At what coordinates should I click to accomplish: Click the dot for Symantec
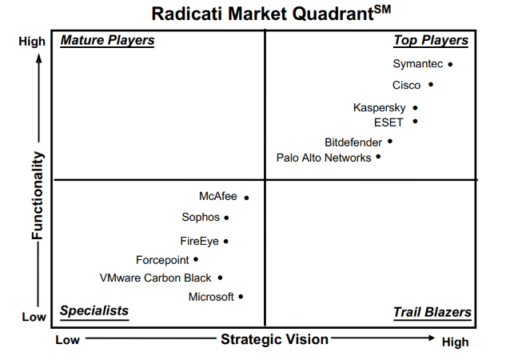click(x=450, y=65)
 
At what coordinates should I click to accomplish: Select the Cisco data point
click(x=431, y=85)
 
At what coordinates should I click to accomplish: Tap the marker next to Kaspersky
click(x=416, y=108)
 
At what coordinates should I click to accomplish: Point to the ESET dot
click(x=416, y=122)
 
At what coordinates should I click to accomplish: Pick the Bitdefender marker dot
click(x=390, y=141)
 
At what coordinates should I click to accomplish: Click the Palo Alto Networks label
click(x=324, y=158)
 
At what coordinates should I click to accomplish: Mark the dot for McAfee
click(x=246, y=198)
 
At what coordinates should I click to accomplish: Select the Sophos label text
click(x=201, y=218)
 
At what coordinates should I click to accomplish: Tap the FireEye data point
click(x=226, y=241)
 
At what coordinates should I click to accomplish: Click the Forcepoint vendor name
click(x=162, y=260)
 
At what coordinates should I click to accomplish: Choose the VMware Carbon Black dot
click(x=220, y=278)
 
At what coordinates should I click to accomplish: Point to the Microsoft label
click(x=211, y=297)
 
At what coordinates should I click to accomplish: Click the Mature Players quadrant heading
click(x=107, y=40)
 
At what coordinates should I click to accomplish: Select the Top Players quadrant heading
click(x=431, y=40)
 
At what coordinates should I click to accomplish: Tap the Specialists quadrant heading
click(x=94, y=311)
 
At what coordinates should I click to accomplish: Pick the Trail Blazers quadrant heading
click(x=432, y=312)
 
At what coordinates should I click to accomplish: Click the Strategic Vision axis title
click(x=275, y=339)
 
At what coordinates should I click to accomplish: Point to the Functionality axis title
click(x=38, y=195)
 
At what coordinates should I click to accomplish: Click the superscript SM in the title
click(x=382, y=10)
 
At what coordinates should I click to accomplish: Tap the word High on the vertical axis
click(x=32, y=42)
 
